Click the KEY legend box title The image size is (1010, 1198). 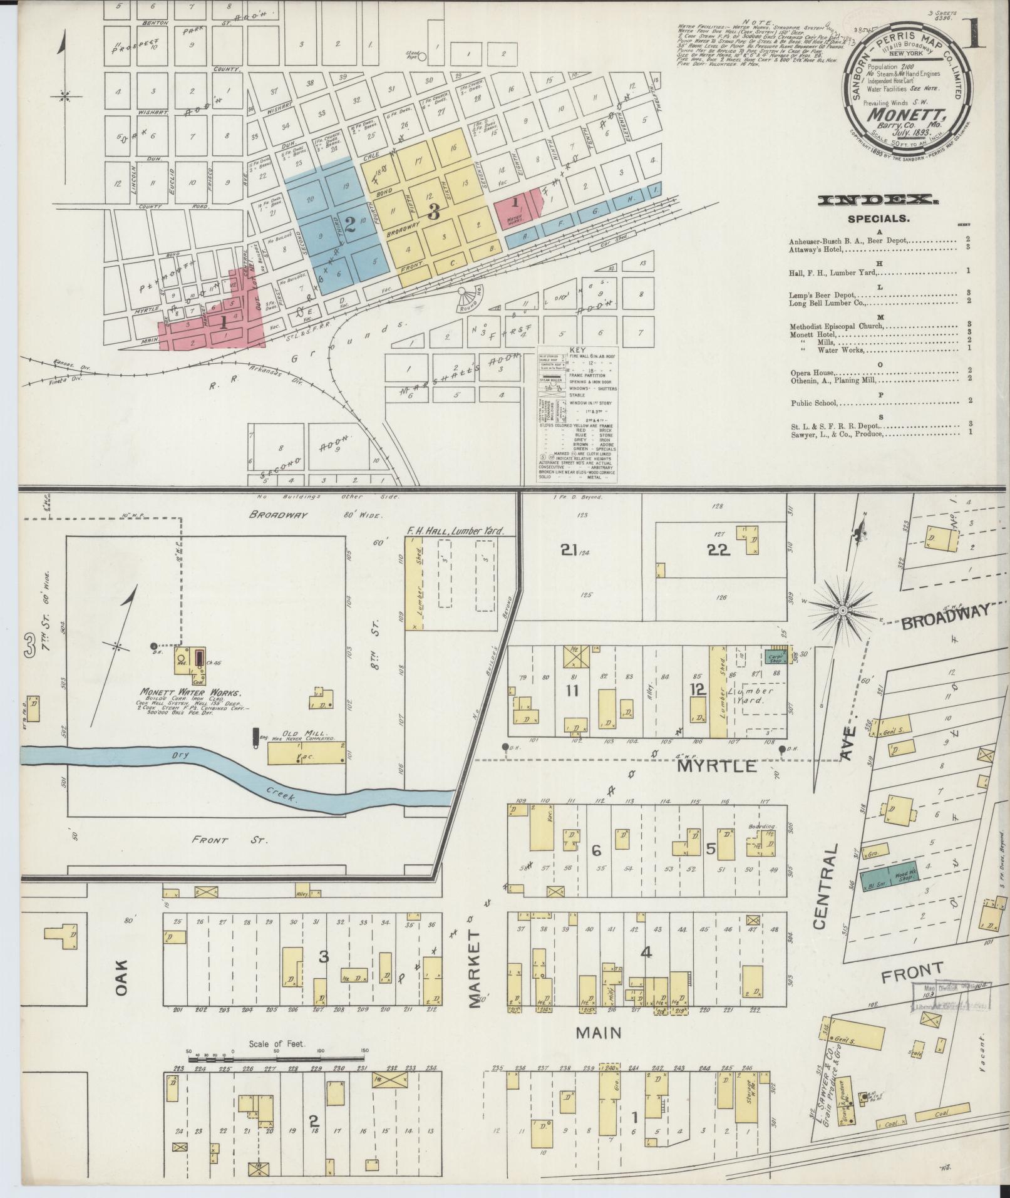point(577,351)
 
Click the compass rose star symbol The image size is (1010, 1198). point(843,609)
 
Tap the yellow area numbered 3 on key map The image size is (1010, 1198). point(433,211)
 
